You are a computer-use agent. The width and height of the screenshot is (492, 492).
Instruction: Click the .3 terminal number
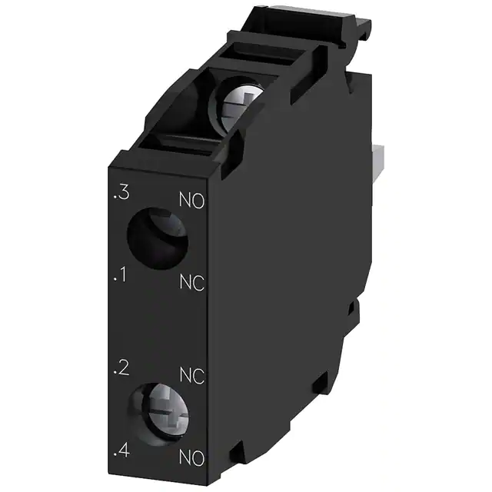point(121,195)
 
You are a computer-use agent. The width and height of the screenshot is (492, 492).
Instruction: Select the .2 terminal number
point(120,367)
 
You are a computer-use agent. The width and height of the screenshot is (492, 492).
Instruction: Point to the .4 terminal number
point(120,450)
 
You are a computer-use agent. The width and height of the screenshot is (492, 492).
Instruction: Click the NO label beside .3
point(191,203)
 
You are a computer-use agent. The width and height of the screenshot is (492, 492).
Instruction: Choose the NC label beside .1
point(191,284)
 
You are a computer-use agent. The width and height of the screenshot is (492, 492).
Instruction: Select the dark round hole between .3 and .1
point(157,238)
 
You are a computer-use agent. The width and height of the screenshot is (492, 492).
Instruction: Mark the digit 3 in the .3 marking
point(123,195)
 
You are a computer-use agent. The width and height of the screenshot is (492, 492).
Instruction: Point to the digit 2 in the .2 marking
point(123,367)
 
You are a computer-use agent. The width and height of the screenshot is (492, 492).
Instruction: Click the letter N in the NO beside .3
point(184,202)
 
